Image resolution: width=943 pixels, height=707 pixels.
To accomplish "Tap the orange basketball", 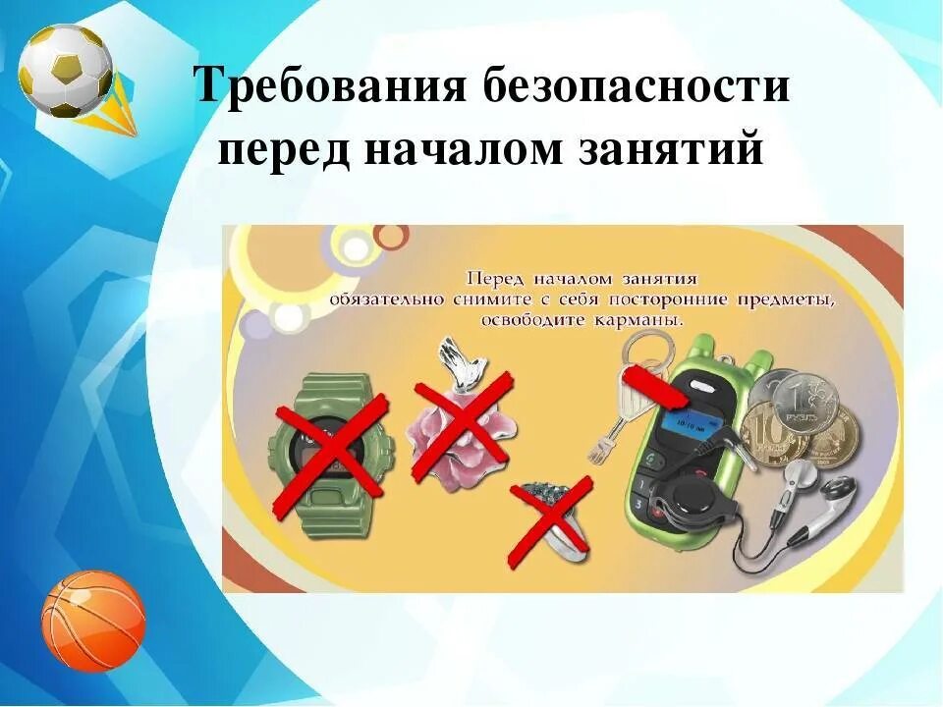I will (x=93, y=622).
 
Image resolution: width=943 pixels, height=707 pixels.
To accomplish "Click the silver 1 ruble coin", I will (x=805, y=403).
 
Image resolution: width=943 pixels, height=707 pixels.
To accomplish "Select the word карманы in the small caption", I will (x=638, y=320).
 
